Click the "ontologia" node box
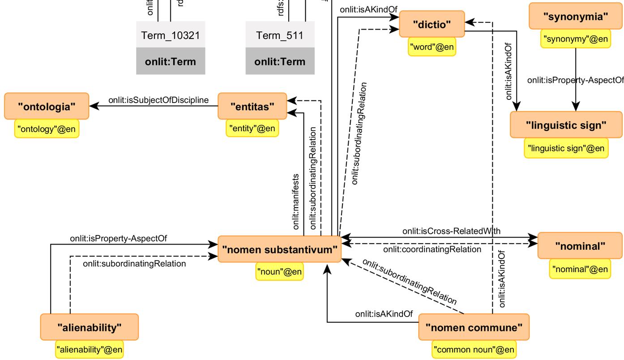tap(47, 107)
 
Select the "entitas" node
tap(252, 106)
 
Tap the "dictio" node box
tap(432, 25)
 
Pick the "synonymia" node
tap(575, 17)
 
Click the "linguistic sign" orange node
tap(566, 125)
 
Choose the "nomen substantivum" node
tap(279, 249)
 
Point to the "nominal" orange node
tap(580, 245)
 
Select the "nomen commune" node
tap(474, 327)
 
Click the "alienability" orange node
tap(89, 327)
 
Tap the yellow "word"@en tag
tap(432, 47)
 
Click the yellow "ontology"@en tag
tap(47, 129)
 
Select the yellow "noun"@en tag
tap(279, 271)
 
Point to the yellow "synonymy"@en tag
tap(575, 39)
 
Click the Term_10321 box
tap(171, 35)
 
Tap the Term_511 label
tap(280, 35)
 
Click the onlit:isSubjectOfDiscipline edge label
tap(158, 99)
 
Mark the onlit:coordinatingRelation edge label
tap(432, 249)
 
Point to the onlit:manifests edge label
tap(296, 201)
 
